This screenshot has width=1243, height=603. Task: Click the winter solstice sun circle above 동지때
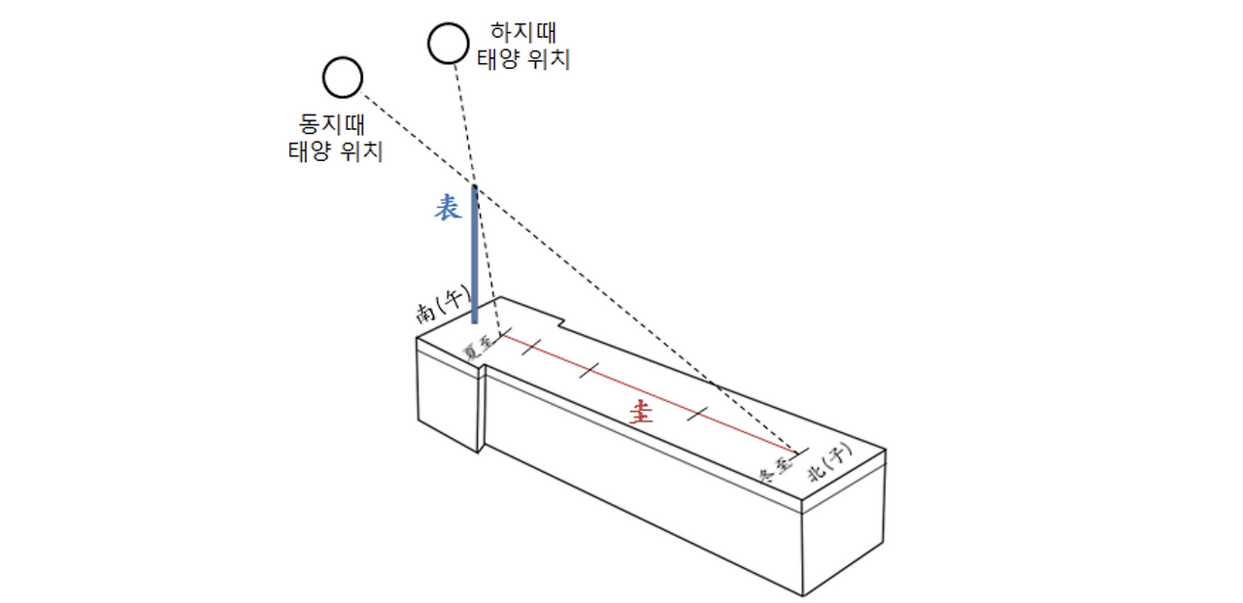pyautogui.click(x=343, y=78)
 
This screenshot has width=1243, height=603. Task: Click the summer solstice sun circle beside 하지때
pyautogui.click(x=448, y=43)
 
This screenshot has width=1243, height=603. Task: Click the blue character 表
pyautogui.click(x=447, y=208)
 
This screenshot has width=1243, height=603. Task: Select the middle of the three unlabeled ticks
pyautogui.click(x=588, y=369)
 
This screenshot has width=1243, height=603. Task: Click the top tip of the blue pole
pyautogui.click(x=475, y=186)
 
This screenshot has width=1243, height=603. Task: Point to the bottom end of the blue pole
pyautogui.click(x=475, y=321)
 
